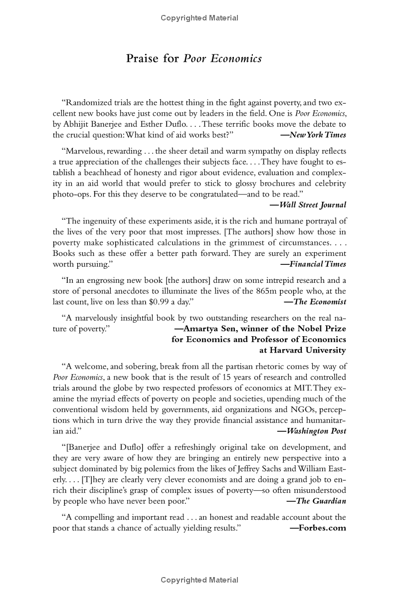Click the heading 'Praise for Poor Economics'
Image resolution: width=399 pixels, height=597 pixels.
(x=194, y=59)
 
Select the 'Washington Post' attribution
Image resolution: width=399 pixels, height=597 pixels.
(x=314, y=431)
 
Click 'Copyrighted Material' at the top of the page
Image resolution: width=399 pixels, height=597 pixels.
(x=199, y=18)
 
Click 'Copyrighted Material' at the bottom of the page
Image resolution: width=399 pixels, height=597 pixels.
(x=199, y=580)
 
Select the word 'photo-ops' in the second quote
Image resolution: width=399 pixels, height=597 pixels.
(x=70, y=194)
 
